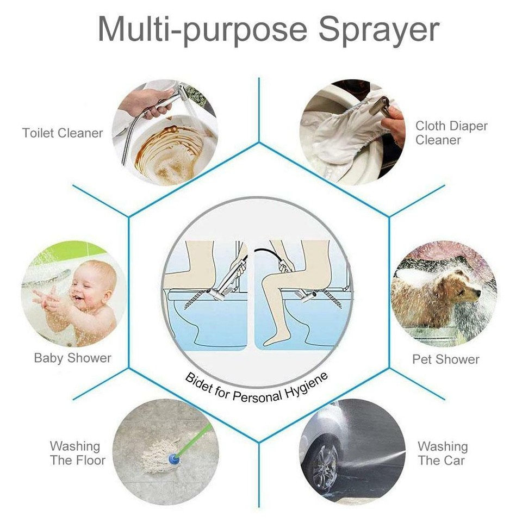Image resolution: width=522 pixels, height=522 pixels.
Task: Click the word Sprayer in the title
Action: [378, 29]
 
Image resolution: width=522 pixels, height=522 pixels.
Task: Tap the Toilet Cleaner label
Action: [63, 133]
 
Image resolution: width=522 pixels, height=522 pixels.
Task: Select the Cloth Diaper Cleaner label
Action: [451, 133]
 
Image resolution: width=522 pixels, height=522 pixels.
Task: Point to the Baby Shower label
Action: [72, 358]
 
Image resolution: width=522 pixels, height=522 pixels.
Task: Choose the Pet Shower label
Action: [445, 359]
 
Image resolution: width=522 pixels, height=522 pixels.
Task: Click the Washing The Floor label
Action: [77, 453]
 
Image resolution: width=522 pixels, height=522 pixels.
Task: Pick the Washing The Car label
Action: [443, 453]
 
